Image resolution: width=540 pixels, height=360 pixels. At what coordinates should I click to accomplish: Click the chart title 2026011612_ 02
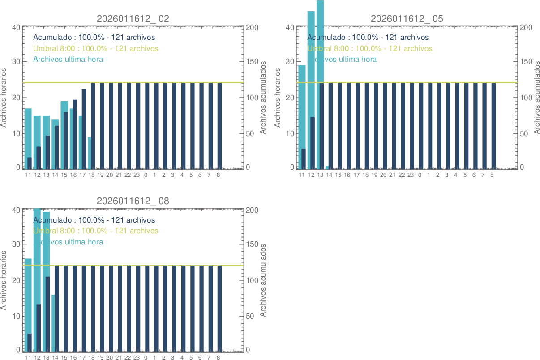pyautogui.click(x=133, y=19)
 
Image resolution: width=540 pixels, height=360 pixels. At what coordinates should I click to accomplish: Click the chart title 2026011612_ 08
pyautogui.click(x=133, y=201)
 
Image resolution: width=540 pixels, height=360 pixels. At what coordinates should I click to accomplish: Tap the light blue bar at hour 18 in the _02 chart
pyautogui.click(x=90, y=152)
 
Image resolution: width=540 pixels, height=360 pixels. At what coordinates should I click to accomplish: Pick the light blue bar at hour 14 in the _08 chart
pyautogui.click(x=53, y=322)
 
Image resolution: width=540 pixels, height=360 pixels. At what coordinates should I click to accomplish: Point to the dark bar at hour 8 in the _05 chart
pyautogui.click(x=493, y=125)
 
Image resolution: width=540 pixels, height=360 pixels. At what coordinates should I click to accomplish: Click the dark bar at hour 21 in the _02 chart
pyautogui.click(x=120, y=125)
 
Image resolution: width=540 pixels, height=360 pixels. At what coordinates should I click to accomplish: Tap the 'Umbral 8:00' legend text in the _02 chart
pyautogui.click(x=96, y=48)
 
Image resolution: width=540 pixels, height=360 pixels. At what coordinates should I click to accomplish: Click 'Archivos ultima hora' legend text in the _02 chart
pyautogui.click(x=68, y=59)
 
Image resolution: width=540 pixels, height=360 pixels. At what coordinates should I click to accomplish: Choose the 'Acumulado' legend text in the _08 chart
pyautogui.click(x=94, y=220)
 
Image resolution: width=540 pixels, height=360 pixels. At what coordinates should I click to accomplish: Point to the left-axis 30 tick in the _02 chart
pyautogui.click(x=16, y=62)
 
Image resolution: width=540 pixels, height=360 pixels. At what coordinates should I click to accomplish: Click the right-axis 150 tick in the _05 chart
pyautogui.click(x=526, y=62)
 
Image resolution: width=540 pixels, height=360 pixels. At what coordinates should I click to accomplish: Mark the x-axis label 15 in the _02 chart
pyautogui.click(x=64, y=175)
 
